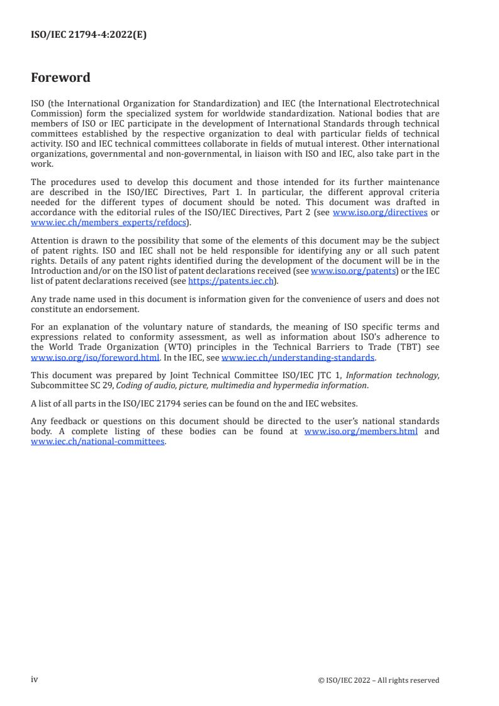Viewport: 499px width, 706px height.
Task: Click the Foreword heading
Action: (60, 78)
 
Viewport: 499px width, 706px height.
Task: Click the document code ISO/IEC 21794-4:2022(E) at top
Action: (89, 35)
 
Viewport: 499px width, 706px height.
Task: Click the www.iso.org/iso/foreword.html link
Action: (94, 358)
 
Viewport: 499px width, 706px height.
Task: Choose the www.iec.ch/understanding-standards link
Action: (298, 358)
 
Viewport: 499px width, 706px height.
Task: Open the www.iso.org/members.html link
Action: (361, 432)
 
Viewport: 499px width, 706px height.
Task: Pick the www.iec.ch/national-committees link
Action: (98, 441)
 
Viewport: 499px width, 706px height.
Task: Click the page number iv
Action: (35, 680)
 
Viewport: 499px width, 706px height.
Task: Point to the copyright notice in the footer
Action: (379, 680)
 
